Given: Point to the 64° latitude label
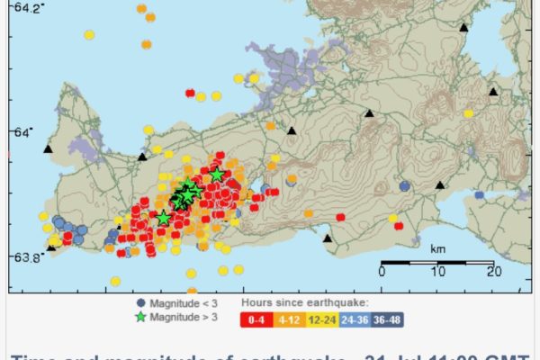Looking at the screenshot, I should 21,133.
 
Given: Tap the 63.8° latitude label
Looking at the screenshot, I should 21,257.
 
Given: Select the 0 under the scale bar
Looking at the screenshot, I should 382,272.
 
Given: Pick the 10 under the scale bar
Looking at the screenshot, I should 437,272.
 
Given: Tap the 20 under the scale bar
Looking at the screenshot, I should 491,272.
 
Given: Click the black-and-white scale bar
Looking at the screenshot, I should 437,262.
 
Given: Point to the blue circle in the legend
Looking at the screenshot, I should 139,303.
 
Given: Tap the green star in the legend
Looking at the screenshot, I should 139,317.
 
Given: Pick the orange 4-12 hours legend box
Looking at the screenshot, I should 289,318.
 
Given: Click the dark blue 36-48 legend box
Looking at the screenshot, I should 387,318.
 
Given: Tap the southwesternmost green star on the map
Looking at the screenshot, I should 163,218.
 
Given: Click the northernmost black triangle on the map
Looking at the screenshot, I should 463,28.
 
